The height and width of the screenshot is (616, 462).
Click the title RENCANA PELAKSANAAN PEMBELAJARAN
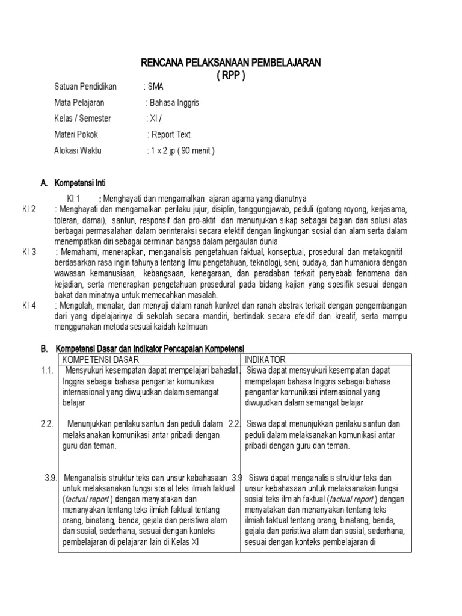pyautogui.click(x=231, y=62)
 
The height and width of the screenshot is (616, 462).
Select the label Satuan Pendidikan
pyautogui.click(x=85, y=87)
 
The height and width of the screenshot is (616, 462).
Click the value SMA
pyautogui.click(x=155, y=87)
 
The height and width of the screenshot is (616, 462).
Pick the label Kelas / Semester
pyautogui.click(x=82, y=119)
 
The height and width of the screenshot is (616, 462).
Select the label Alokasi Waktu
pyautogui.click(x=78, y=150)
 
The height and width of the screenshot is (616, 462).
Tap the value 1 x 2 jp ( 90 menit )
pyautogui.click(x=181, y=150)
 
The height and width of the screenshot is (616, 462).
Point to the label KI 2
pyautogui.click(x=29, y=209)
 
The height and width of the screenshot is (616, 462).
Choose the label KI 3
pyautogui.click(x=29, y=252)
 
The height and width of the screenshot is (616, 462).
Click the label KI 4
pyautogui.click(x=29, y=306)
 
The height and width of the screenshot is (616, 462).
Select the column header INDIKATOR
pyautogui.click(x=265, y=359)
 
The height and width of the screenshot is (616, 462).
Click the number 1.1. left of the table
pyautogui.click(x=48, y=371)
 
